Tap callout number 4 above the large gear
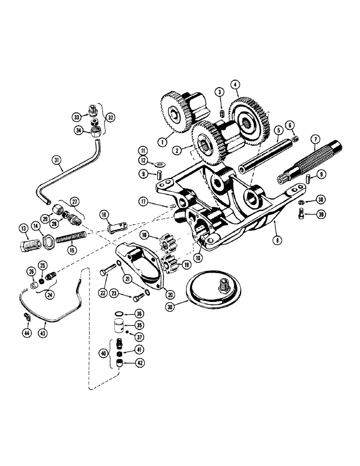[x=236, y=84]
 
